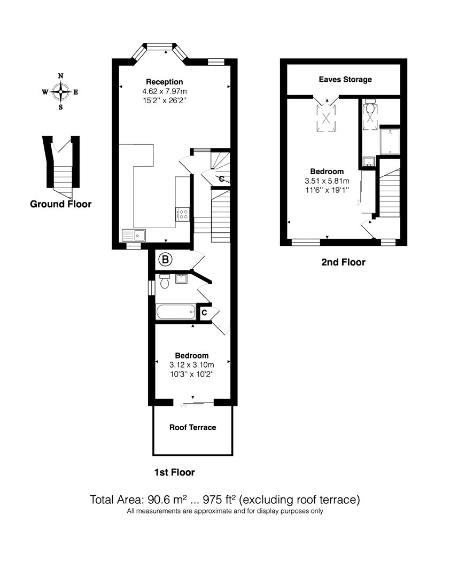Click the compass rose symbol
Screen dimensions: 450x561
pos(61,91)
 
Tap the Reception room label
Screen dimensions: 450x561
pos(164,82)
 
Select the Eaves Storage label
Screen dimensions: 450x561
pos(345,80)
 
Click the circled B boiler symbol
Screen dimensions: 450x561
pos(165,259)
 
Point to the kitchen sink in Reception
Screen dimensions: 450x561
pos(134,235)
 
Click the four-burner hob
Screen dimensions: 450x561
pos(183,214)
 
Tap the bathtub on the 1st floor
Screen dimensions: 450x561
pos(176,312)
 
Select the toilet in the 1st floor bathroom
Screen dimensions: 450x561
pos(165,281)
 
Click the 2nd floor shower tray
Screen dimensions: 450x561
pos(390,142)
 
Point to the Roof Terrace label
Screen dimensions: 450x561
pos(192,427)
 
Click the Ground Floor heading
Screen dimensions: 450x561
pos(60,204)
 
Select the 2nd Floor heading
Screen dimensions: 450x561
pos(343,262)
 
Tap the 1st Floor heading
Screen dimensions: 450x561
pos(174,472)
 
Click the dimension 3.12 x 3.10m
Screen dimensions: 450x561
pos(191,365)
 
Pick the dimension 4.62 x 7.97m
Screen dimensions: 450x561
pos(164,91)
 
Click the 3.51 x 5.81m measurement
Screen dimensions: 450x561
pos(327,181)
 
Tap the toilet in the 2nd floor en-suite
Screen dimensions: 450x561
pos(370,107)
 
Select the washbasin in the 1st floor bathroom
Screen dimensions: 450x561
pos(181,279)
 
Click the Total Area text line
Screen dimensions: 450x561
pos(225,500)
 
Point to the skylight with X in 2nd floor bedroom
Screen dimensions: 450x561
pos(326,118)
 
